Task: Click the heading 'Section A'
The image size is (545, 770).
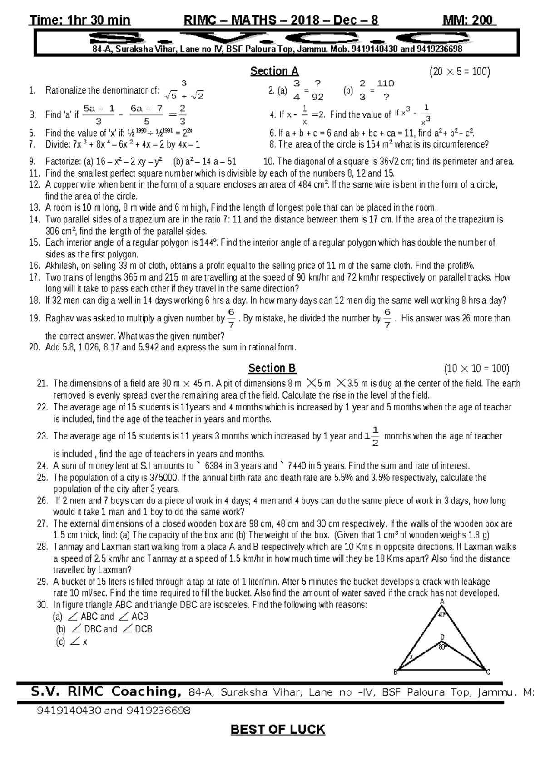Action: (x=274, y=71)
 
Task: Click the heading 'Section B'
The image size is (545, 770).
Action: (x=272, y=368)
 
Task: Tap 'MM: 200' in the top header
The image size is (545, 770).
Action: (x=469, y=20)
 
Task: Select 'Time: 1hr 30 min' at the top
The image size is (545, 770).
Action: (x=79, y=20)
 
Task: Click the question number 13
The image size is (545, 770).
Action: (x=35, y=208)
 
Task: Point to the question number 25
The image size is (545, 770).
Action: (x=42, y=478)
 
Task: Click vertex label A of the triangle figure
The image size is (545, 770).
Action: (x=442, y=602)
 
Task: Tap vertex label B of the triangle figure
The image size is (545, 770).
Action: (x=396, y=672)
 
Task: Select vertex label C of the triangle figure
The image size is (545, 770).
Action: (x=488, y=672)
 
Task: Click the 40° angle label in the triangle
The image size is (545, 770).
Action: (x=442, y=615)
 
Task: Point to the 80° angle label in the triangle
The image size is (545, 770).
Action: (x=442, y=647)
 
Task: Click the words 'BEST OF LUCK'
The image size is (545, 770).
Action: (x=278, y=730)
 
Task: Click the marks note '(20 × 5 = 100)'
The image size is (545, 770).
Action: (x=460, y=72)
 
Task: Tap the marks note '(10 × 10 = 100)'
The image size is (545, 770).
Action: (x=476, y=369)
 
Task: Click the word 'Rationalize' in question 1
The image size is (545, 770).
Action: (x=65, y=90)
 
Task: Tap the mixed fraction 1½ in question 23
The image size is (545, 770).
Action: (x=372, y=436)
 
